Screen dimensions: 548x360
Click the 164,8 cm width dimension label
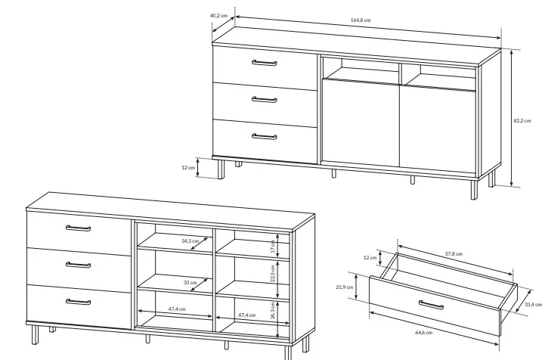tap(361, 20)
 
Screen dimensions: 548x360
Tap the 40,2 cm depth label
tap(218, 16)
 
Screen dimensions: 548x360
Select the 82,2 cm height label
tap(522, 121)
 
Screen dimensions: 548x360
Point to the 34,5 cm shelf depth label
tap(190, 241)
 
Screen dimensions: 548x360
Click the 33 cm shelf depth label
tap(190, 283)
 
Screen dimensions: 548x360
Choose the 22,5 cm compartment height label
tap(273, 274)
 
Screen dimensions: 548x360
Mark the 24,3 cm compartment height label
tap(273, 312)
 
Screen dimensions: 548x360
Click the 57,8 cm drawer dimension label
tap(454, 253)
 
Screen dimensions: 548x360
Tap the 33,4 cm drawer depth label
tap(533, 305)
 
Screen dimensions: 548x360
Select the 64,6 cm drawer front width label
tap(423, 332)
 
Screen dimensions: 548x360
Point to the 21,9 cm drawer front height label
tap(345, 287)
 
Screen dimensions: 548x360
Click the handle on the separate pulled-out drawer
tap(431, 305)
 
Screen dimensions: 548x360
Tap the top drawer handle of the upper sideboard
tap(265, 63)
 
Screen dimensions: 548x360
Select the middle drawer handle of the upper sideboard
tap(265, 100)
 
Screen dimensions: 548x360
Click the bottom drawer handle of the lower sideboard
tap(78, 302)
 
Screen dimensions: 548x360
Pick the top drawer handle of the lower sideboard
tap(78, 228)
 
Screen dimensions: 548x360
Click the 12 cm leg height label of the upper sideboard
tap(188, 168)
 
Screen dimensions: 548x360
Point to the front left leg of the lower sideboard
tap(35, 334)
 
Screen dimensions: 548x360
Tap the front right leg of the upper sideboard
tap(474, 190)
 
